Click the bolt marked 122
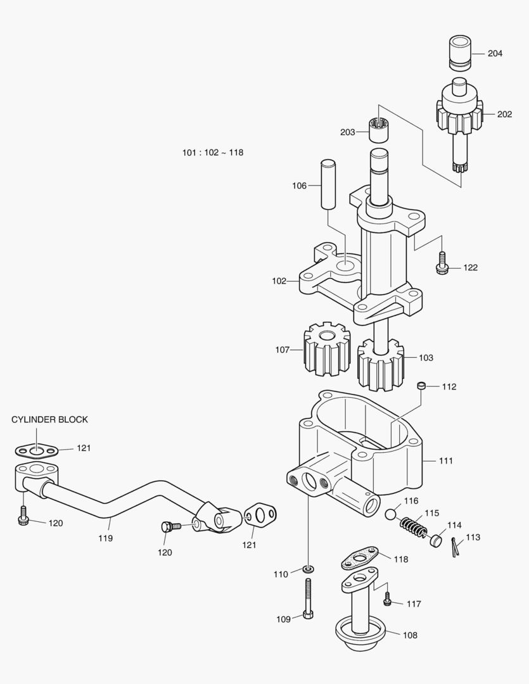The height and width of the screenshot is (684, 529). pos(442,265)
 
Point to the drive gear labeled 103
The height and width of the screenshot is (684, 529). pos(379,365)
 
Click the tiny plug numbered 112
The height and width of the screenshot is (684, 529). pos(420,386)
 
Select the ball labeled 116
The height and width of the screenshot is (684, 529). pos(392,513)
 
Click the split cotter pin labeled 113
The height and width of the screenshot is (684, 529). pos(456,547)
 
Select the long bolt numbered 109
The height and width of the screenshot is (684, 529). pos(308,599)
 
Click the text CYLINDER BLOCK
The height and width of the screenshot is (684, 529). pos(50,420)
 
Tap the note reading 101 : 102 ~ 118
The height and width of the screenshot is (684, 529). pos(213,153)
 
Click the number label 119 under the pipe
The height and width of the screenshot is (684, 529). pos(105,538)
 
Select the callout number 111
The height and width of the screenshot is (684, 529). pos(446,461)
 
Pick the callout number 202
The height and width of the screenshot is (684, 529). pos(504,115)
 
